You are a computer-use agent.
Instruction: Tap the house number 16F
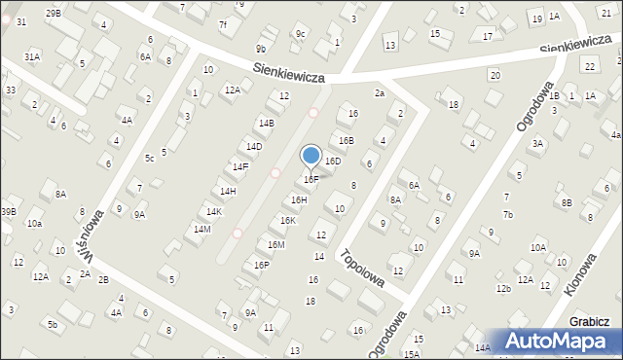[311, 179]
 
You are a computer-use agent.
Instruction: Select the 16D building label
[332, 161]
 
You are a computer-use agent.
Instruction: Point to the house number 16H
[299, 199]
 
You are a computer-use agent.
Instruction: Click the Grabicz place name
[591, 322]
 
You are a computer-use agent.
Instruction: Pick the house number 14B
[266, 123]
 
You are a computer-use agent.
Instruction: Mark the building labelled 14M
[202, 229]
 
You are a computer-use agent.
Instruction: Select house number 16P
[261, 265]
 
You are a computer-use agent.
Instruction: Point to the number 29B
[53, 13]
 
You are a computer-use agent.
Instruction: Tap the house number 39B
[8, 211]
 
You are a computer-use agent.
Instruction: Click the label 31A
[32, 56]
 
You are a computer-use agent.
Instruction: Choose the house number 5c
[149, 158]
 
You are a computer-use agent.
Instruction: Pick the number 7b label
[507, 214]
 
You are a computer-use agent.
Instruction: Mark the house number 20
[495, 75]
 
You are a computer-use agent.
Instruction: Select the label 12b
[502, 288]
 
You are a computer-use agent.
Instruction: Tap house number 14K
[214, 211]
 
